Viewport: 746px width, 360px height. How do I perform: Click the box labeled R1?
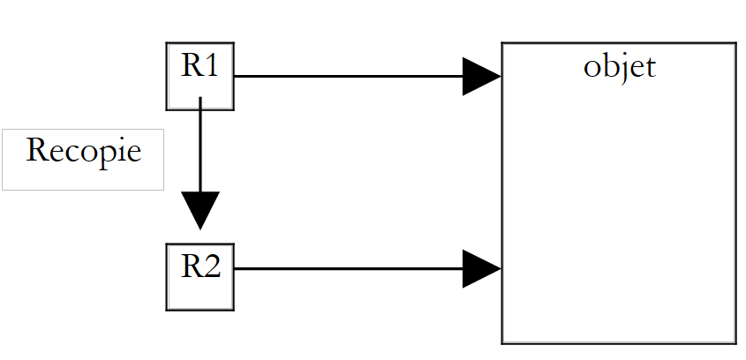pos(200,77)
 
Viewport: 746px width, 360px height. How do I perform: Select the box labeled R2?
pos(200,277)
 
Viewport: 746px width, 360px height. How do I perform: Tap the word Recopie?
pos(83,151)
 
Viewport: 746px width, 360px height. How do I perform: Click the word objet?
pos(619,67)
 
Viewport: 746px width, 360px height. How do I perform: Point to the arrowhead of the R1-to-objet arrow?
pos(482,77)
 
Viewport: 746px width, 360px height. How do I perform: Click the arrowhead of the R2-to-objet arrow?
pos(482,268)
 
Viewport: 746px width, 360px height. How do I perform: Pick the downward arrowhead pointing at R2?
pos(200,210)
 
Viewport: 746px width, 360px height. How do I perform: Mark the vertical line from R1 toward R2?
pos(200,146)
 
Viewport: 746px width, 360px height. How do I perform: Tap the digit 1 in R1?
pos(212,66)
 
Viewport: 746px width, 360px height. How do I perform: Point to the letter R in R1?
pos(192,66)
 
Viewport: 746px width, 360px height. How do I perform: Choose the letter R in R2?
pos(192,266)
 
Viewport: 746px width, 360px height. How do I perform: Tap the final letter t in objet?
pos(650,68)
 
